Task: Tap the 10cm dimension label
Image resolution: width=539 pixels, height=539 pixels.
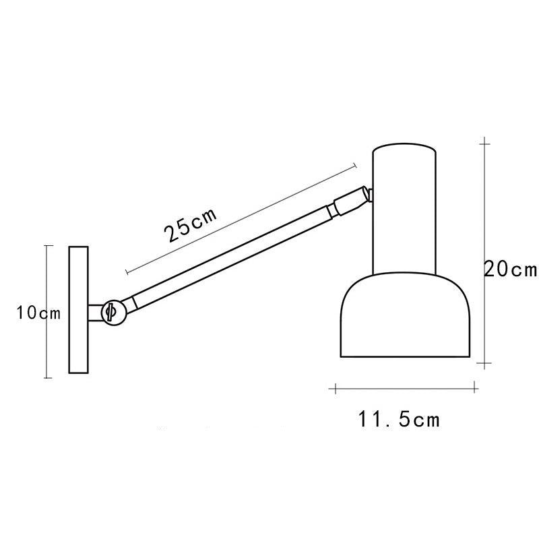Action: (39, 313)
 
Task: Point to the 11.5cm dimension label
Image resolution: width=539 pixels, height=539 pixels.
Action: (399, 420)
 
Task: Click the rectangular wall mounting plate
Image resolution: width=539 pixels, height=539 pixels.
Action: (79, 309)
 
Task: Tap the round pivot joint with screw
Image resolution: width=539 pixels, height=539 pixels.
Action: (111, 311)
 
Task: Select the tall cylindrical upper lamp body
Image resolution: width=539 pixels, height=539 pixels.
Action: (404, 209)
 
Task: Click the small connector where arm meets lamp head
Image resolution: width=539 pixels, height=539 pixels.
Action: (352, 201)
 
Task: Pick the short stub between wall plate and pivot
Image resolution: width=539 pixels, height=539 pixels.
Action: (94, 312)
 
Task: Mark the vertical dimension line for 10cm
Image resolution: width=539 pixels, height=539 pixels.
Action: (46, 350)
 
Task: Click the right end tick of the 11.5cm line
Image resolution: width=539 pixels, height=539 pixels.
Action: (476, 387)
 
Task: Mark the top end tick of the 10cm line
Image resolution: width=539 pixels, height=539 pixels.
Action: (46, 246)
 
